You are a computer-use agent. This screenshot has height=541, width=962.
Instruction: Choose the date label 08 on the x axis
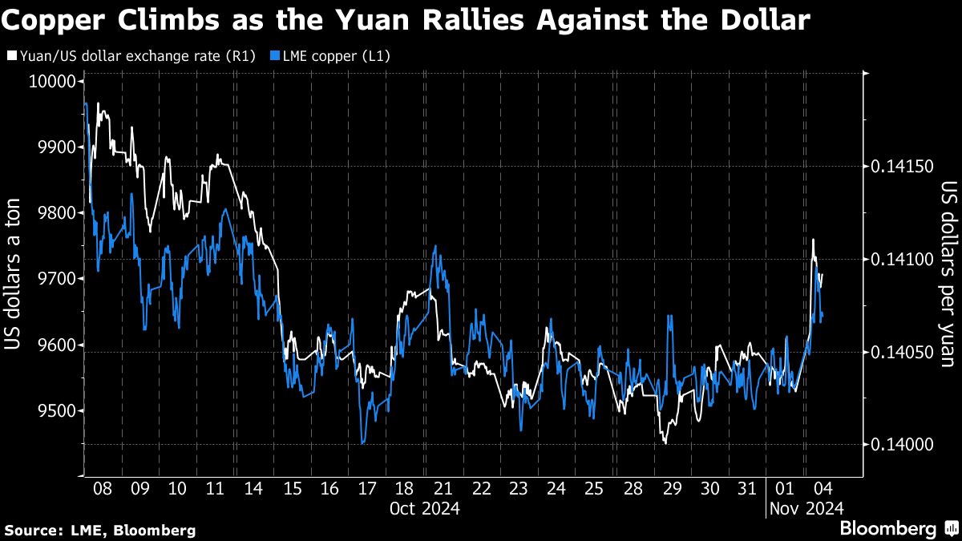[x=102, y=488]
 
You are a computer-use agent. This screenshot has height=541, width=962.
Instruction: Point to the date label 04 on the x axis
[x=822, y=488]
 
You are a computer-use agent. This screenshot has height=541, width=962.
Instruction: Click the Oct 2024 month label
[x=424, y=508]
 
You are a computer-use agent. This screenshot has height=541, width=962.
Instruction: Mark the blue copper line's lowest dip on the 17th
[x=363, y=442]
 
